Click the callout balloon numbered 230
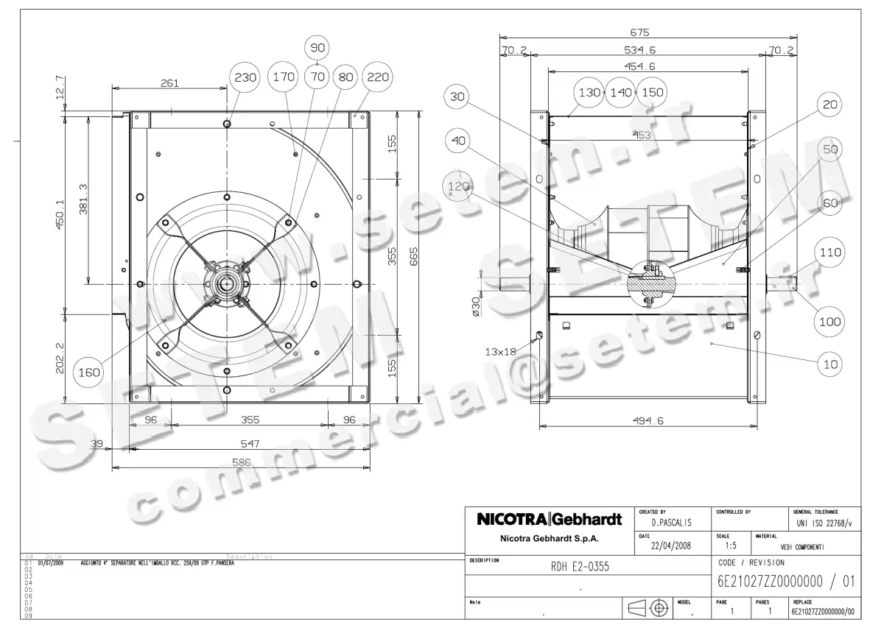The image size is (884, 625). (245, 77)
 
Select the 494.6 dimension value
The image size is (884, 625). (648, 421)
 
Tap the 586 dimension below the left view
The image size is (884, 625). (242, 463)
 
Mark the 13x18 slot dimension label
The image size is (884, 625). (500, 352)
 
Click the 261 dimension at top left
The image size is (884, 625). (169, 83)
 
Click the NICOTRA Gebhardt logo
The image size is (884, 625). (549, 519)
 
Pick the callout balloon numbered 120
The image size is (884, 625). (460, 188)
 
